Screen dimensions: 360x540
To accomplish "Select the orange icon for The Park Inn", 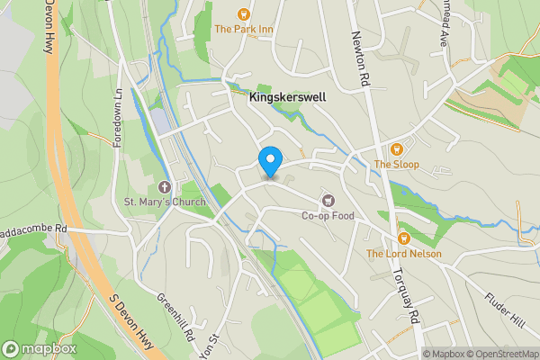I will tap(242, 13).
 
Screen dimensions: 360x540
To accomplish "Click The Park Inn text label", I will tap(243, 29).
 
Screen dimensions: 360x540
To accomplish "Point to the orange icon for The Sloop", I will tap(395, 148).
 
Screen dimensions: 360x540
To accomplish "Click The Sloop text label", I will tap(396, 165).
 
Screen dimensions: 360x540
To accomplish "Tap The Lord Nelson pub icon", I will tap(403, 238).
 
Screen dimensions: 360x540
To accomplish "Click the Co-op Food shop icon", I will tap(328, 200).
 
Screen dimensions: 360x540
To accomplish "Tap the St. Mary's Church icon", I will tap(164, 187).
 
